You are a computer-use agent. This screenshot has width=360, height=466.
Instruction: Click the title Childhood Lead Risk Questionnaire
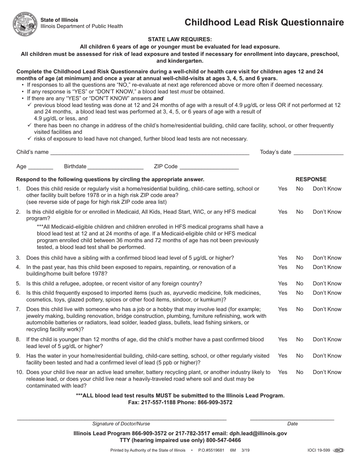tap(264, 22)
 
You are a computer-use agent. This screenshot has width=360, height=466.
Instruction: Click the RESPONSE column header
tap(311, 179)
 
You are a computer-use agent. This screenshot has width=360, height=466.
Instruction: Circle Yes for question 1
tap(283, 189)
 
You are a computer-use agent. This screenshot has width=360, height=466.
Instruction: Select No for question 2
tap(300, 212)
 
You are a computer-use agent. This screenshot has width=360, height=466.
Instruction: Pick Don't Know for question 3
tap(327, 258)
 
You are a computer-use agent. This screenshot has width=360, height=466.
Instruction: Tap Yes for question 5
tap(283, 283)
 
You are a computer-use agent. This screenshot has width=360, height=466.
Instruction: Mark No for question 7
tap(300, 309)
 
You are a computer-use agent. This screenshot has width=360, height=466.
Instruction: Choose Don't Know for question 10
tap(327, 372)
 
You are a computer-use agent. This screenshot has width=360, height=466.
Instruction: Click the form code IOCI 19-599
tap(319, 450)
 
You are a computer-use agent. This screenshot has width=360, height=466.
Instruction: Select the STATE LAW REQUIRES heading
tap(180, 39)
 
